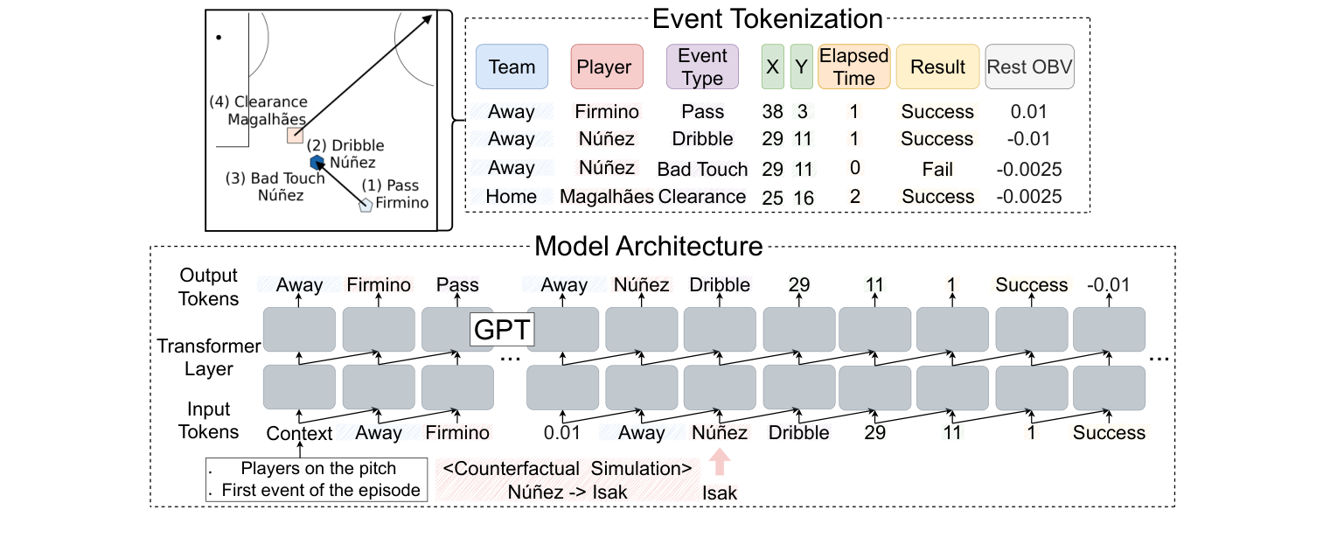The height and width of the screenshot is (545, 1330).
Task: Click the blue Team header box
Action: [512, 66]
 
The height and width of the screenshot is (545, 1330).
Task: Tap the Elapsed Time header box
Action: [853, 66]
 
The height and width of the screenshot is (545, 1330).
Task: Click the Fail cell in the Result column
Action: [937, 169]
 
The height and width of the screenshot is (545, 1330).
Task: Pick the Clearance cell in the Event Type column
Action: [702, 197]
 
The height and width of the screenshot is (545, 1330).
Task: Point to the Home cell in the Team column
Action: [512, 197]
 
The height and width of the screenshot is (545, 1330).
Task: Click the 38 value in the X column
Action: [772, 112]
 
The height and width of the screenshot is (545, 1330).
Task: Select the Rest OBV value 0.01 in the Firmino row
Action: [1027, 112]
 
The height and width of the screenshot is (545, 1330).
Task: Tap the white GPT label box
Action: [503, 330]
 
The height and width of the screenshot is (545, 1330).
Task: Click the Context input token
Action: [300, 433]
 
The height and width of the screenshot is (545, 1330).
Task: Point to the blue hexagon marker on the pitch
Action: [317, 162]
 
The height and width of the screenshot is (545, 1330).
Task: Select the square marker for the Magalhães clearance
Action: [295, 136]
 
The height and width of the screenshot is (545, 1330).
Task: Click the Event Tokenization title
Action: [768, 18]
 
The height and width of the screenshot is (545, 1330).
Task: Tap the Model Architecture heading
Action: [648, 246]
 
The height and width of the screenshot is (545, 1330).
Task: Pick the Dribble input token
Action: [798, 433]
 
